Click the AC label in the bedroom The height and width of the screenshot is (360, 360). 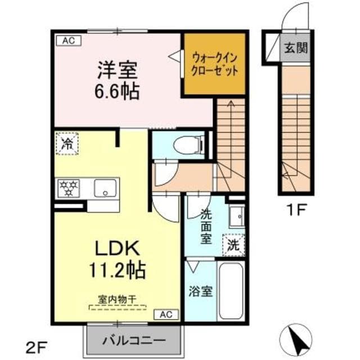[x=68, y=40]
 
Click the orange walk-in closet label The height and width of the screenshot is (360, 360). [x=215, y=64]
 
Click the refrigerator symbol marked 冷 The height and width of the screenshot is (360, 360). [x=67, y=143]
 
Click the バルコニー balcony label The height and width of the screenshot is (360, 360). [x=134, y=340]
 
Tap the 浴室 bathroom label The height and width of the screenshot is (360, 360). [x=200, y=293]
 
